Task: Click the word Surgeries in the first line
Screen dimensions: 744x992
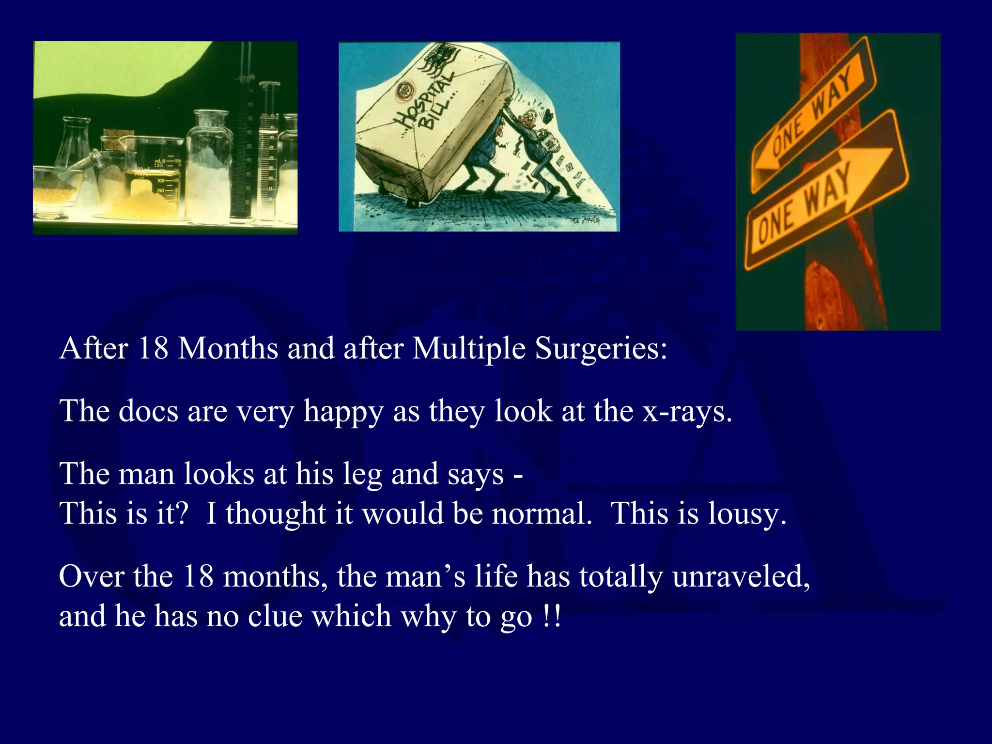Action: click(601, 349)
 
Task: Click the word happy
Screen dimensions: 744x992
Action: click(343, 413)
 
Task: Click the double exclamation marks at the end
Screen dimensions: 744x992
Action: click(552, 617)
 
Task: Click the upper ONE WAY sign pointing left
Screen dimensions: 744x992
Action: click(814, 116)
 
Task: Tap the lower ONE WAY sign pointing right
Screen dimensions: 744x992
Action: click(823, 194)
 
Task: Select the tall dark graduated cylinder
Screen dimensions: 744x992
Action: click(241, 145)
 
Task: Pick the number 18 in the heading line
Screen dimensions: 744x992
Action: click(153, 349)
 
